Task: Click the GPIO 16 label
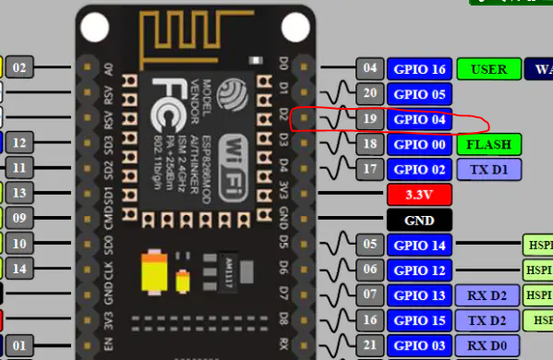coord(419,68)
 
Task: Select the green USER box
coord(488,68)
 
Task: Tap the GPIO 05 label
coord(419,93)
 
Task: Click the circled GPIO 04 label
coord(419,119)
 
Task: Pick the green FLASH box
coord(488,144)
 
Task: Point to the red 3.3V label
coord(419,195)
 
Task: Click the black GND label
coord(419,220)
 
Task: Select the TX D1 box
coord(488,169)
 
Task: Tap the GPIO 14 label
coord(419,245)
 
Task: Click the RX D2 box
coord(488,294)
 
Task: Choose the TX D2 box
coord(488,319)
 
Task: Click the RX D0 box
coord(488,344)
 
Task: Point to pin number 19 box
coord(369,119)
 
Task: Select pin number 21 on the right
coord(369,344)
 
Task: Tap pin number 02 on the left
coord(20,67)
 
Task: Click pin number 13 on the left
coord(20,192)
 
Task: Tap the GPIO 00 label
coord(419,144)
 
